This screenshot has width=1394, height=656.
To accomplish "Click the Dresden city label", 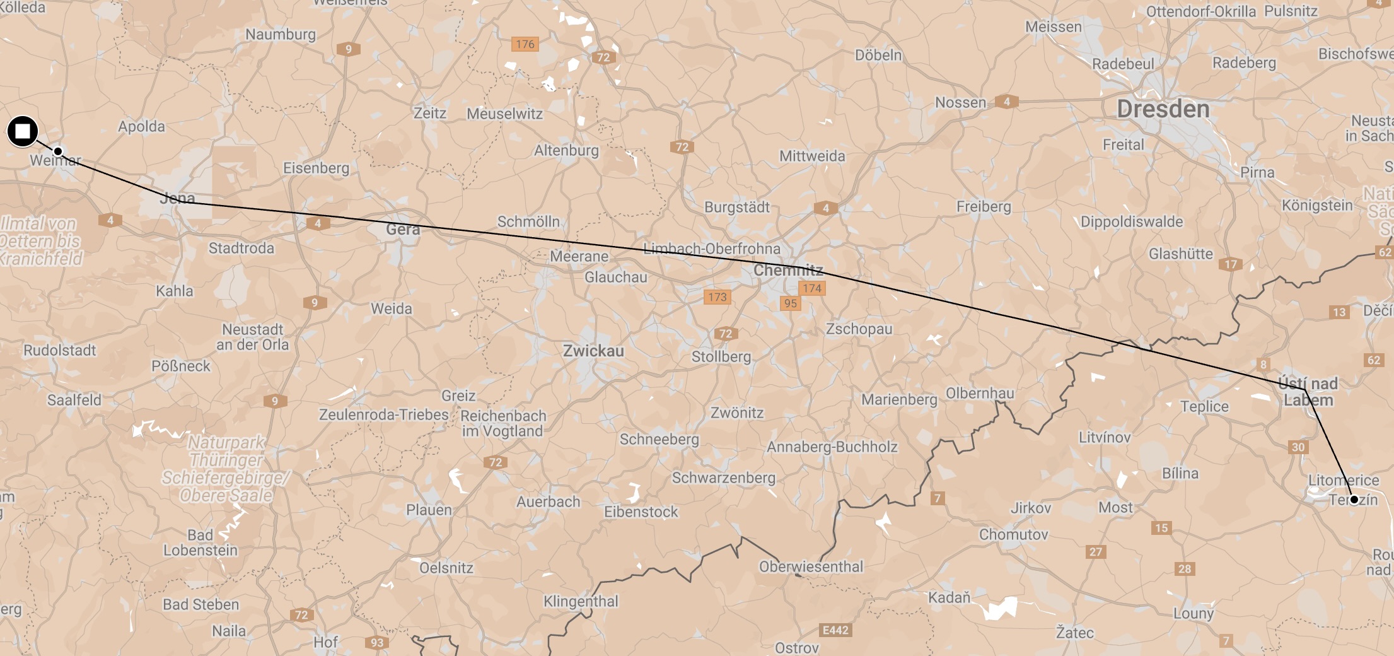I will point(1163,109).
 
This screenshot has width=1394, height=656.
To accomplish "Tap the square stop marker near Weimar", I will point(23,131).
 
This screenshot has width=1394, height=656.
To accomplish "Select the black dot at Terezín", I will point(1354,500).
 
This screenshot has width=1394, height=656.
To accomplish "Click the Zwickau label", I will point(593,351).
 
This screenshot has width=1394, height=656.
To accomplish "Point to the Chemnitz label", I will point(788,271).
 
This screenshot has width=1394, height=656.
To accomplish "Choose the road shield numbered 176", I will point(525,44).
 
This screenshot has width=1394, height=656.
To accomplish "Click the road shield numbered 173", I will point(717,297).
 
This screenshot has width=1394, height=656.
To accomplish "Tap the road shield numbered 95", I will point(790,303).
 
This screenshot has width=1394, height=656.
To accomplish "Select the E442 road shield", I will point(835,630).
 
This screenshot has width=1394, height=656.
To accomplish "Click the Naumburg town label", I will point(281,34).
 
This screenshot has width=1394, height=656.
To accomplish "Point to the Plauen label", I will point(429,510).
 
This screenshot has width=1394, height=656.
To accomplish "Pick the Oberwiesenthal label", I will point(811,566).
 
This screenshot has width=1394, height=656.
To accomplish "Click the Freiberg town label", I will point(983,206).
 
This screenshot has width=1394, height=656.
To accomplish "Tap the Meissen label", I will point(1053,26).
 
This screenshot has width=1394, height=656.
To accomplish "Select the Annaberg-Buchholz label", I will point(832,447).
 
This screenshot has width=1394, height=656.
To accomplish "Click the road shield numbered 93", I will point(376,643).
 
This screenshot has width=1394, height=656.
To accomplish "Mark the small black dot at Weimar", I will point(58,151).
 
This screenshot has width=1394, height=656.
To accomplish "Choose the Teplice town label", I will point(1204,407).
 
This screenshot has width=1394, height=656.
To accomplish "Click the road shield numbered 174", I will point(811,288).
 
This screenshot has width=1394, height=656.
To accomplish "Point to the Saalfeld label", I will point(74,400).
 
